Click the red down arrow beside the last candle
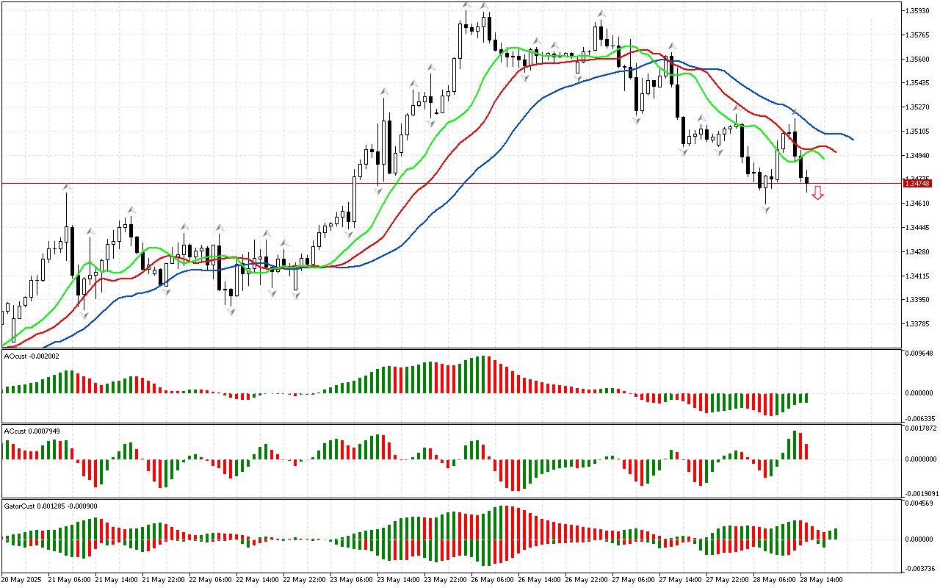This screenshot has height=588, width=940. tap(817, 193)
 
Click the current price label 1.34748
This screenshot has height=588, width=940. tap(919, 183)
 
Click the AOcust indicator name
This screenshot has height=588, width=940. tap(15, 356)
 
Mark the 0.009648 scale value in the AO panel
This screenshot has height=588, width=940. tap(920, 354)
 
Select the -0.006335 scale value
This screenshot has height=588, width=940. tap(920, 418)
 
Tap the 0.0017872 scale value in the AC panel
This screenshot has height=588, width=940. tap(922, 428)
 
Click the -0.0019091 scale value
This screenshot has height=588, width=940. tap(922, 493)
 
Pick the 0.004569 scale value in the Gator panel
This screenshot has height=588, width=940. tap(920, 503)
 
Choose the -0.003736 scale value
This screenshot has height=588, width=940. tap(920, 568)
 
